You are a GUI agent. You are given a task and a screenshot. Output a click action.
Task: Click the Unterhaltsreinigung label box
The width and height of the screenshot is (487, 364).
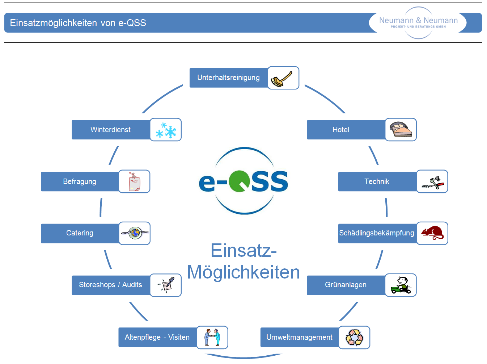click(229, 78)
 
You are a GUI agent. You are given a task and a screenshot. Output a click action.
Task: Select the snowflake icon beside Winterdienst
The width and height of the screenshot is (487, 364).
click(166, 130)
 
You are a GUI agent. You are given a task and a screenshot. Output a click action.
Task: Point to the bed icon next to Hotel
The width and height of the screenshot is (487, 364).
click(401, 130)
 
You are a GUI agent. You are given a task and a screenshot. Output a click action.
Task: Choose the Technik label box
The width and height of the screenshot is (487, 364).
click(377, 181)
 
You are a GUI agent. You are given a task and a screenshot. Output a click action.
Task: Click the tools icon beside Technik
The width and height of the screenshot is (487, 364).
click(432, 181)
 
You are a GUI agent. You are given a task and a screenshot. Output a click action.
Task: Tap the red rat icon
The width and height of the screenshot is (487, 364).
click(432, 233)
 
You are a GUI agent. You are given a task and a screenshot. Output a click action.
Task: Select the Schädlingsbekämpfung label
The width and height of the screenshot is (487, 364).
click(377, 233)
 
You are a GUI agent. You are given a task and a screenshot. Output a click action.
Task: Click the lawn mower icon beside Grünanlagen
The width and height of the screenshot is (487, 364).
click(401, 285)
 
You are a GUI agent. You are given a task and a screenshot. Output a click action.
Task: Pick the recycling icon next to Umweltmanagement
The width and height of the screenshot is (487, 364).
click(354, 337)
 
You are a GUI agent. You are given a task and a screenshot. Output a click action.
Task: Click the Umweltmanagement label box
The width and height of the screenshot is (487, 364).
click(299, 337)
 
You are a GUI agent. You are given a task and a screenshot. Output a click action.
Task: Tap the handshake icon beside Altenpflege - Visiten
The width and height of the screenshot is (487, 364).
click(212, 337)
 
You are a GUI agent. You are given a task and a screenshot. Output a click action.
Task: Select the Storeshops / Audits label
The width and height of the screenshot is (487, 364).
click(110, 285)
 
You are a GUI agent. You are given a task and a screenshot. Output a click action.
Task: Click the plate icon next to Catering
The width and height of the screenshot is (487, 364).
click(135, 233)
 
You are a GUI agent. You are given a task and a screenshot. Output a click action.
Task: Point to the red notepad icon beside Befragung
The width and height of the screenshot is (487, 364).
click(134, 181)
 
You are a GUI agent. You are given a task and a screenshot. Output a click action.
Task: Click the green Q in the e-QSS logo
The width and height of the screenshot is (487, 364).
click(239, 181)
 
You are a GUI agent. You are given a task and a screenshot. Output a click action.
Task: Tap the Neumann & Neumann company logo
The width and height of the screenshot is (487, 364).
click(418, 22)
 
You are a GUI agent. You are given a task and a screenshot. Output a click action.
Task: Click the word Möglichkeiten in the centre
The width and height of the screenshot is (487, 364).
click(243, 272)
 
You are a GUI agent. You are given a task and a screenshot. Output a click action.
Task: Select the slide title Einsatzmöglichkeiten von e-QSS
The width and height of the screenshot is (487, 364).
click(78, 23)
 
